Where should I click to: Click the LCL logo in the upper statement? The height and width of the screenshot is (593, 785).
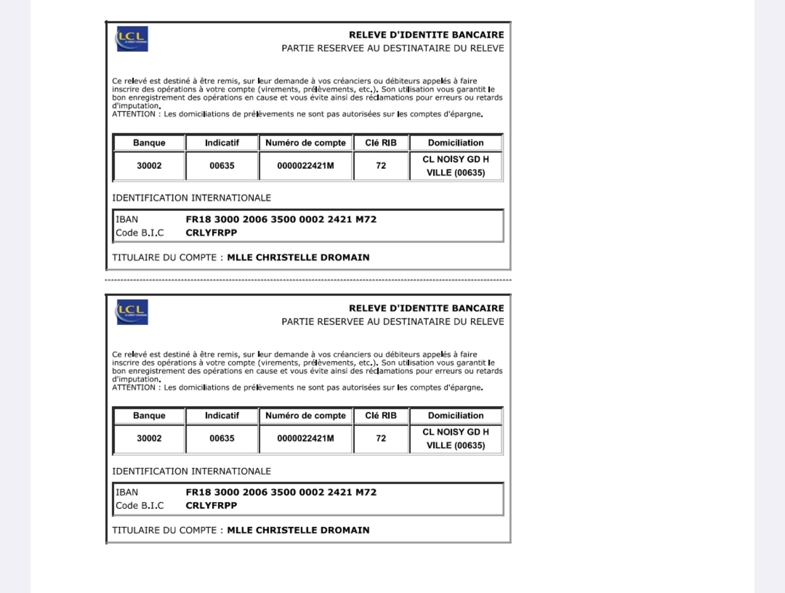(132, 39)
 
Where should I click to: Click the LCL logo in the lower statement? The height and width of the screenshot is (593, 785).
(132, 312)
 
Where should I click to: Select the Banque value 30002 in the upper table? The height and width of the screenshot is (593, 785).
(149, 166)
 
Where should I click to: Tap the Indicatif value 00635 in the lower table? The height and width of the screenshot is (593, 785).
(222, 438)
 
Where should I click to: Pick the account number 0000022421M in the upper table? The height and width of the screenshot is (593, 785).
(305, 166)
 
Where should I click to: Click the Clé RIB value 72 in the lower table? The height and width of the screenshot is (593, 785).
(381, 438)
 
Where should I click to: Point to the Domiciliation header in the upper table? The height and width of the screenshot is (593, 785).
(455, 143)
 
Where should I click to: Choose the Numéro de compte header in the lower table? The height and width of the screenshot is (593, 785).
(305, 416)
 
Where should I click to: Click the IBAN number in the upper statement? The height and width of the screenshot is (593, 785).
(281, 219)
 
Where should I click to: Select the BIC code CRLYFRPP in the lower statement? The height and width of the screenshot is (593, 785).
(211, 505)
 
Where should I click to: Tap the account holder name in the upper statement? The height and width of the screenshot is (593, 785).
(298, 257)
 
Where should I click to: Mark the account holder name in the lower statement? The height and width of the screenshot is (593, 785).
(298, 530)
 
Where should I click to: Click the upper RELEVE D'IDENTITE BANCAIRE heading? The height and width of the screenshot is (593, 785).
(426, 35)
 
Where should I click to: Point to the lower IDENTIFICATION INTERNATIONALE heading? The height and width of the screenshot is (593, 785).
(192, 471)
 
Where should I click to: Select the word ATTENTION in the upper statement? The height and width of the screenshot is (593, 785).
(133, 114)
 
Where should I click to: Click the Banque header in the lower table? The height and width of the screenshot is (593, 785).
(149, 416)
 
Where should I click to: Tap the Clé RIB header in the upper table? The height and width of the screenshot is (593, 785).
(381, 143)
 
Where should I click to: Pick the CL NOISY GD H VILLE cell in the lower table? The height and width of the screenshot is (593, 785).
(455, 439)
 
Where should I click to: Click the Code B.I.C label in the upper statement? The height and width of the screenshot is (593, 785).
(139, 233)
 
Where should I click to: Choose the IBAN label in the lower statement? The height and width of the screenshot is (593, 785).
(127, 492)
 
